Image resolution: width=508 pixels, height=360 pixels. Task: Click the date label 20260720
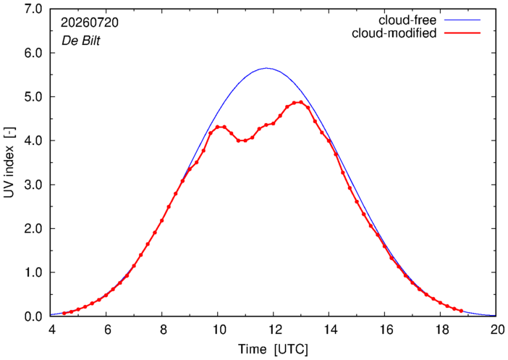click(90, 22)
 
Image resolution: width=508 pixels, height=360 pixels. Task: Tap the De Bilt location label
click(80, 41)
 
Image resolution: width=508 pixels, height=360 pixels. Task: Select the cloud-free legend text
click(407, 20)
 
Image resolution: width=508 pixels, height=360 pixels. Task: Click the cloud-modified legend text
click(394, 33)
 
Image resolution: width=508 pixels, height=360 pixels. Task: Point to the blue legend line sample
click(462, 20)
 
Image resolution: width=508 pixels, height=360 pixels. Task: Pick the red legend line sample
click(462, 33)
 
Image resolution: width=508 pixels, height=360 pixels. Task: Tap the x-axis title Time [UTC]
click(273, 350)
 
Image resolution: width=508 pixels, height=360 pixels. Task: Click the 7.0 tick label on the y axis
click(33, 9)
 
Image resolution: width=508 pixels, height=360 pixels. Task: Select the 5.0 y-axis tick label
click(33, 97)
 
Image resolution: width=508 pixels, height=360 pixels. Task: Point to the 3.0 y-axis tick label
click(33, 185)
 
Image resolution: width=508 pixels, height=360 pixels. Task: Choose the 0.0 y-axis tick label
click(33, 317)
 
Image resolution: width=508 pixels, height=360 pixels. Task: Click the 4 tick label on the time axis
click(51, 330)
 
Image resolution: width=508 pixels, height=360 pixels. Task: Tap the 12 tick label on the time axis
click(273, 330)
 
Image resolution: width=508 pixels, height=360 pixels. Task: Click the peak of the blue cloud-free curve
click(266, 68)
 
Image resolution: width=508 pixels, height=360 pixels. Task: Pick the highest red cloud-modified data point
click(301, 102)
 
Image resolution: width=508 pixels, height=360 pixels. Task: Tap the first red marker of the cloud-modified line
click(64, 314)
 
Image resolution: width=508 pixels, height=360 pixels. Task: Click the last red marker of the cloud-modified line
click(461, 311)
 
